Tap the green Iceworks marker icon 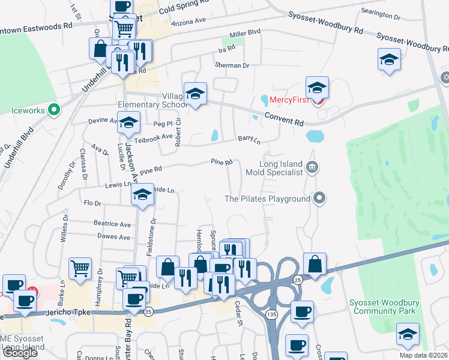(x=53, y=110)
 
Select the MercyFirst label (x=289, y=99)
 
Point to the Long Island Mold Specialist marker (x=312, y=167)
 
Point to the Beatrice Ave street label (x=112, y=224)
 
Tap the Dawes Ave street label (x=113, y=237)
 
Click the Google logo (x=20, y=353)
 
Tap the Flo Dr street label (x=92, y=203)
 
